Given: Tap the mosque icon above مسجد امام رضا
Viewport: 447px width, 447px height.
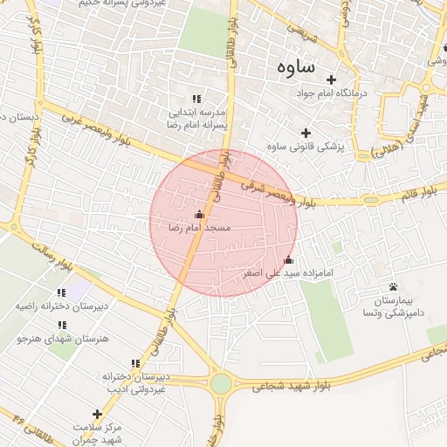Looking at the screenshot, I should tap(199, 214).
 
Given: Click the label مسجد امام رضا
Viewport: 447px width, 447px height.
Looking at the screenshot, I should tap(199, 227).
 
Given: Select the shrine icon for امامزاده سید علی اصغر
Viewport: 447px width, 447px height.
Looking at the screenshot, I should tap(288, 260).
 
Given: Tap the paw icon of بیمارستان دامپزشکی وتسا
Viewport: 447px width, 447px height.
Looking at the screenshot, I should tap(393, 287).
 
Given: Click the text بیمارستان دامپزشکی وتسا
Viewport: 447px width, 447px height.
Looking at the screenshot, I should tap(394, 305).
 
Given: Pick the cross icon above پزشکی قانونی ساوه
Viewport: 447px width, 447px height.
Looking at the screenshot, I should tap(306, 132).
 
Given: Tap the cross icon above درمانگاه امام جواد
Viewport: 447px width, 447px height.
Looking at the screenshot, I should tap(331, 79).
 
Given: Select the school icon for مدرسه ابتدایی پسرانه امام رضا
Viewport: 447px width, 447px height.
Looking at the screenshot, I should tap(196, 99).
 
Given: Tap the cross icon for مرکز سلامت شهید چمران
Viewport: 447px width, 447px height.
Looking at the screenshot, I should tap(97, 414).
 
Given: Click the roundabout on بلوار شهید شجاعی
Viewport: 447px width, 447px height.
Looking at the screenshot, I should tap(221, 383).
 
